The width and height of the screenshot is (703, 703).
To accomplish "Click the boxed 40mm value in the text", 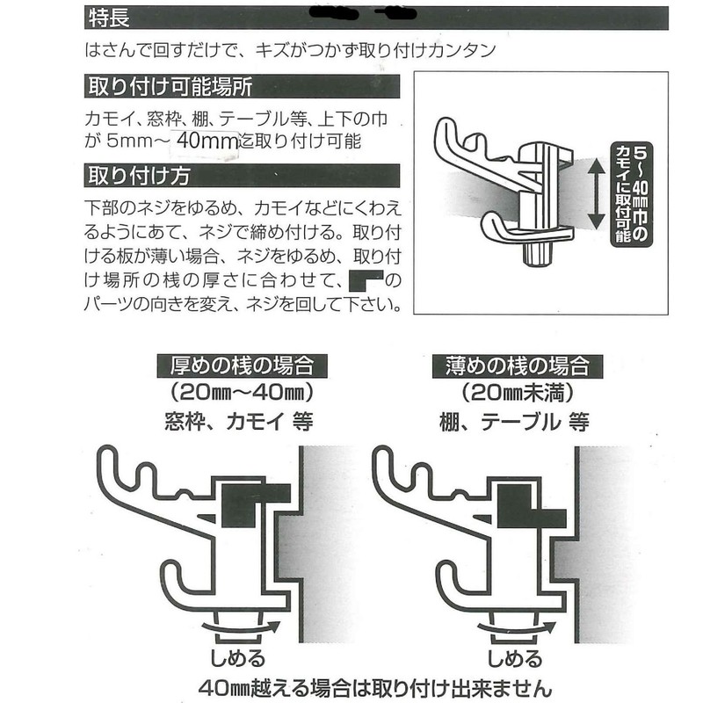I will click(x=207, y=141).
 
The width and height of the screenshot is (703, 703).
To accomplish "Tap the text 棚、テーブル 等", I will click(x=515, y=421).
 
